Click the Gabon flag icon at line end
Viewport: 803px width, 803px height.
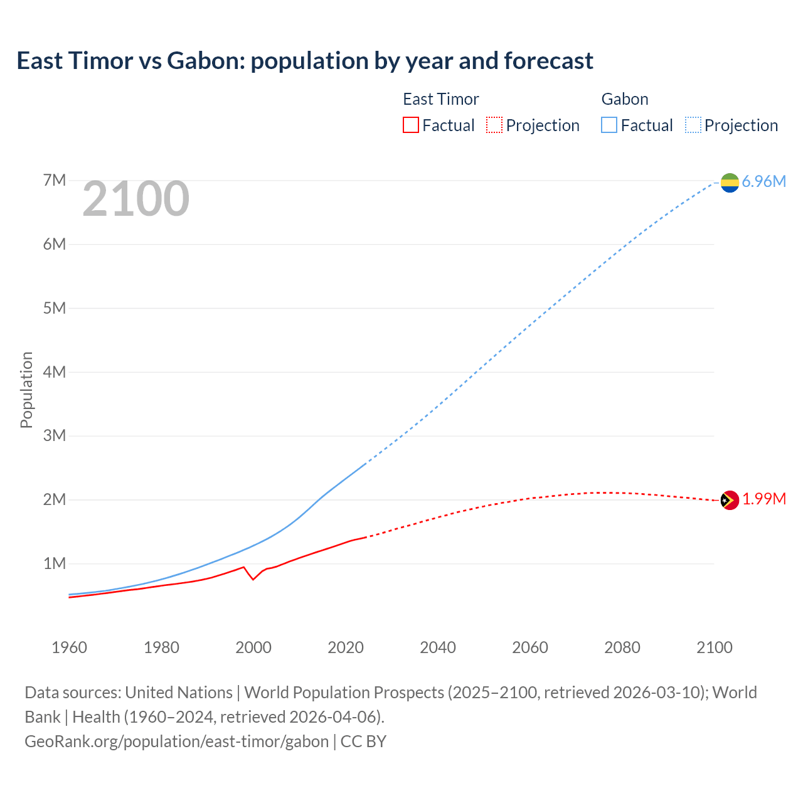730,182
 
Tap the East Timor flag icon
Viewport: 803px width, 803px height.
730,500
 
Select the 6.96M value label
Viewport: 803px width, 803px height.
763,182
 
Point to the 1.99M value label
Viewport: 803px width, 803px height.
764,499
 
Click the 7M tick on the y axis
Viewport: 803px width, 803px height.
55,181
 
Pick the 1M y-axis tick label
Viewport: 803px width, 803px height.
55,563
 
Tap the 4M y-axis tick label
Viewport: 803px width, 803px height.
55,372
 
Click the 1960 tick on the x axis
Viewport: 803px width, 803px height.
69,647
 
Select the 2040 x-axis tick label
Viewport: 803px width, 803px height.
438,647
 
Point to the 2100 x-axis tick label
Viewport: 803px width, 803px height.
714,647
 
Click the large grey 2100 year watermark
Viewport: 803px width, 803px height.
136,199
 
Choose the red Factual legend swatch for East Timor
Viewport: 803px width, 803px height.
410,125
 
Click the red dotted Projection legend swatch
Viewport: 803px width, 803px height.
494,125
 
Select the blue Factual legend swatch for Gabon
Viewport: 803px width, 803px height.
609,125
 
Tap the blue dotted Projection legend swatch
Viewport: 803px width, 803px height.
693,125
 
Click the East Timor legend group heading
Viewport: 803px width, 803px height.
440,99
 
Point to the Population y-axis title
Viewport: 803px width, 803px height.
26,390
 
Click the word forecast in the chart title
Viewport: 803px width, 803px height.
548,61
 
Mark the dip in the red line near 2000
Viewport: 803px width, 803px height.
253,579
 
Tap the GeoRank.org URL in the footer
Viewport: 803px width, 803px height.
176,741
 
